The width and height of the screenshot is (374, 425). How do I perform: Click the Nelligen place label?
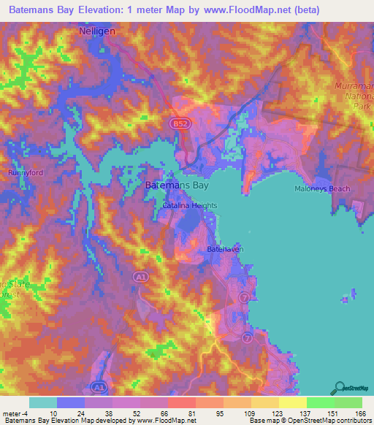coord(97,32)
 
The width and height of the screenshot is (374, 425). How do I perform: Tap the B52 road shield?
coord(181,125)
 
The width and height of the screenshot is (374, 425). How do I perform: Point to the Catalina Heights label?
coord(189,206)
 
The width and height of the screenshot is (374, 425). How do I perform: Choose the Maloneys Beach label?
coord(323,188)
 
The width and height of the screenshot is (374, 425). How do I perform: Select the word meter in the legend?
coord(13,413)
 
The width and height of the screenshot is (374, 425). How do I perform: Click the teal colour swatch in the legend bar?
coord(43,402)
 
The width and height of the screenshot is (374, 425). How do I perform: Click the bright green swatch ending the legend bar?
coord(348,402)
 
